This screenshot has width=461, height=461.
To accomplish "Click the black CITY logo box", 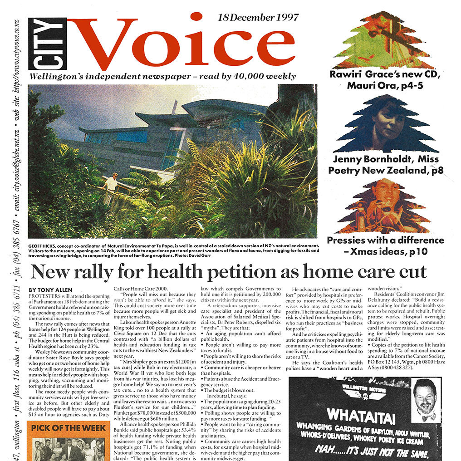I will pyautogui.click(x=47, y=44).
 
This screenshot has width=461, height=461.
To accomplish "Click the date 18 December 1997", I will pyautogui.click(x=258, y=18).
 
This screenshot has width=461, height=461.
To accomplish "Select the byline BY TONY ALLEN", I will pyautogui.click(x=50, y=290).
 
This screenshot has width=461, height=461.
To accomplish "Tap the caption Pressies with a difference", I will pyautogui.click(x=386, y=240).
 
